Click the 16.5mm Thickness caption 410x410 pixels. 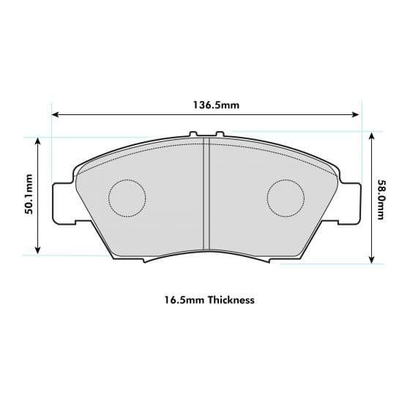point(209,300)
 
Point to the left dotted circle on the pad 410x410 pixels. point(127,198)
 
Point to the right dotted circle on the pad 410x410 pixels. point(286,198)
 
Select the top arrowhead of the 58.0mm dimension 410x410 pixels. point(373,135)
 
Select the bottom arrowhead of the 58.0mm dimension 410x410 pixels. point(373,259)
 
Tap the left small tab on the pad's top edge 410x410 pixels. point(193,135)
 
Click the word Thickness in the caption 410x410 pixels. point(231,300)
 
